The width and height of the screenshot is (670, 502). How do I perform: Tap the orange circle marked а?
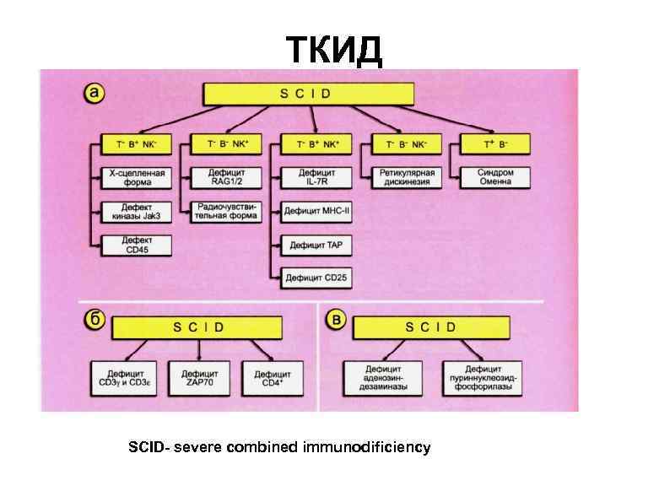point(95,93)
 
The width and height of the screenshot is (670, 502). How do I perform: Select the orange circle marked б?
point(95,320)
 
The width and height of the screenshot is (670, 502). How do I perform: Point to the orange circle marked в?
point(337,321)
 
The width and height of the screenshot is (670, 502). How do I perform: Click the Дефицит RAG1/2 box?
point(228,176)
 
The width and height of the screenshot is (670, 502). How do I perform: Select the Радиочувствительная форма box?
point(228,211)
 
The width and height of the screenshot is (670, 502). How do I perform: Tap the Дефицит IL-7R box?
point(316,176)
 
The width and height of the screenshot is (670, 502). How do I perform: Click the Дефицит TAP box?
point(316,245)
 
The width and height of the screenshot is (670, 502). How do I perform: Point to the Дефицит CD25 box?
point(316,276)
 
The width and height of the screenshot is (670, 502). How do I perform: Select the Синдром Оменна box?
point(490,176)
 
